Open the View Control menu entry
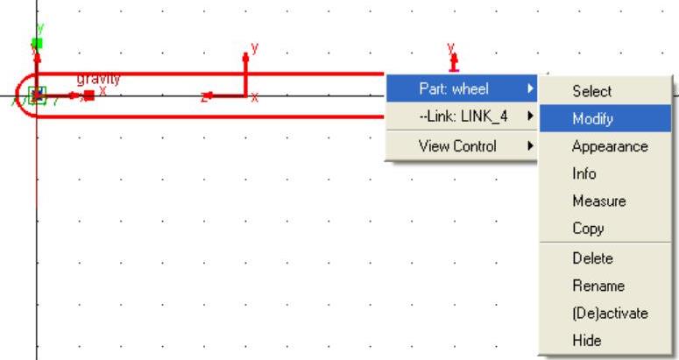[x=457, y=145]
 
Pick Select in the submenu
[x=591, y=91]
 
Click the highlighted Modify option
[x=592, y=119]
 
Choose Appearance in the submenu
[x=610, y=146]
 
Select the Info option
[x=584, y=173]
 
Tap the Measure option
[x=599, y=201]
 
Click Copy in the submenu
[x=588, y=229]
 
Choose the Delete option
[x=592, y=258]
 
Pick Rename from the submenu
[x=598, y=286]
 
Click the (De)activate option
[x=610, y=313]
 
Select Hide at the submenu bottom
[x=587, y=341]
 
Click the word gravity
[x=98, y=79]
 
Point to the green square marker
[x=37, y=42]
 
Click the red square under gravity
[x=88, y=95]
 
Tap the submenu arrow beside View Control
[x=530, y=145]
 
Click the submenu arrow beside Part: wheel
[x=530, y=88]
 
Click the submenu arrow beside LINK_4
[x=530, y=116]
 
